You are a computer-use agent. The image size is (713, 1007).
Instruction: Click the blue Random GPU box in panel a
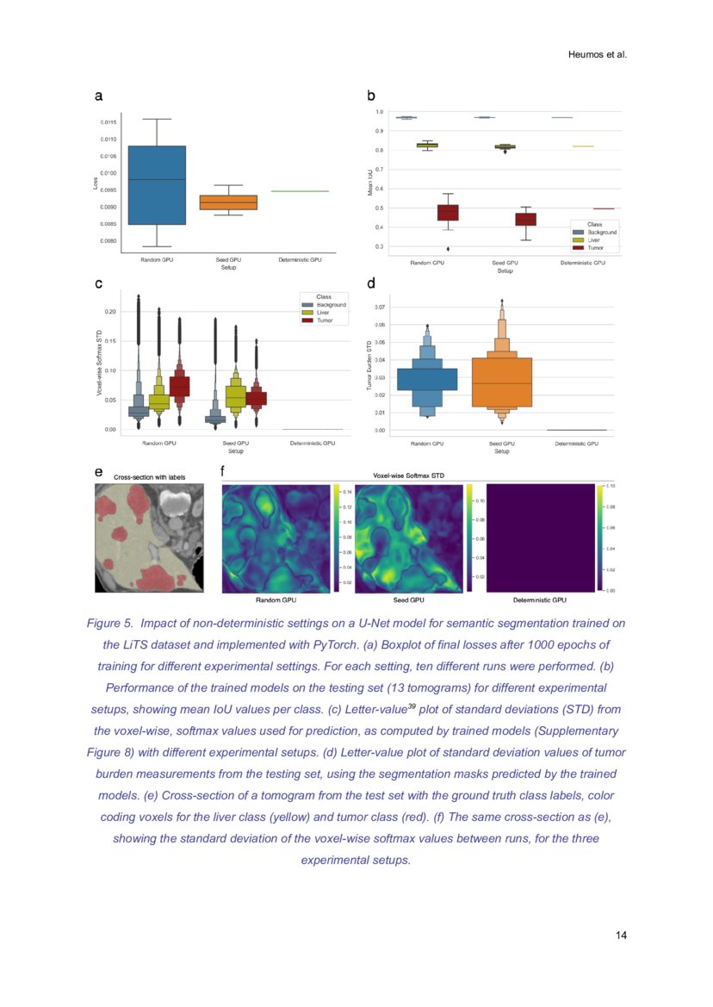pos(157,184)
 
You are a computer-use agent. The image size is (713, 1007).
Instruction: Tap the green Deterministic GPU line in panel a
pos(300,191)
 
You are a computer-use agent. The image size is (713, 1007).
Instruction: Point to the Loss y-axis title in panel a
pos(96,183)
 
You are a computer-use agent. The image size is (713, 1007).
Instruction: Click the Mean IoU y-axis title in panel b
pos(369,181)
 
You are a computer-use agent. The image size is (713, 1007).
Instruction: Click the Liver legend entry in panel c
pos(324,313)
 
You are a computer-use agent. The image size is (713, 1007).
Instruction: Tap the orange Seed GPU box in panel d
pos(502,382)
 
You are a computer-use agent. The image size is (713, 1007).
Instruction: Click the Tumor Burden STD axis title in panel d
pos(369,365)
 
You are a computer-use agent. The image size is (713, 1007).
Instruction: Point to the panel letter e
pos(98,472)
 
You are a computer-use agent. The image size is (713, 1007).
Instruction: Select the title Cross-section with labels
pos(149,476)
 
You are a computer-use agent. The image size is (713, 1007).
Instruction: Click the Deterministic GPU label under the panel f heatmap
pos(539,600)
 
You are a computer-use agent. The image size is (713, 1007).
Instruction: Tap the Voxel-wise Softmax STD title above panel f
pos(408,475)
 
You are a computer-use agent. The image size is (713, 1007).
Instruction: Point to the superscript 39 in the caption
pos(412,705)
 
